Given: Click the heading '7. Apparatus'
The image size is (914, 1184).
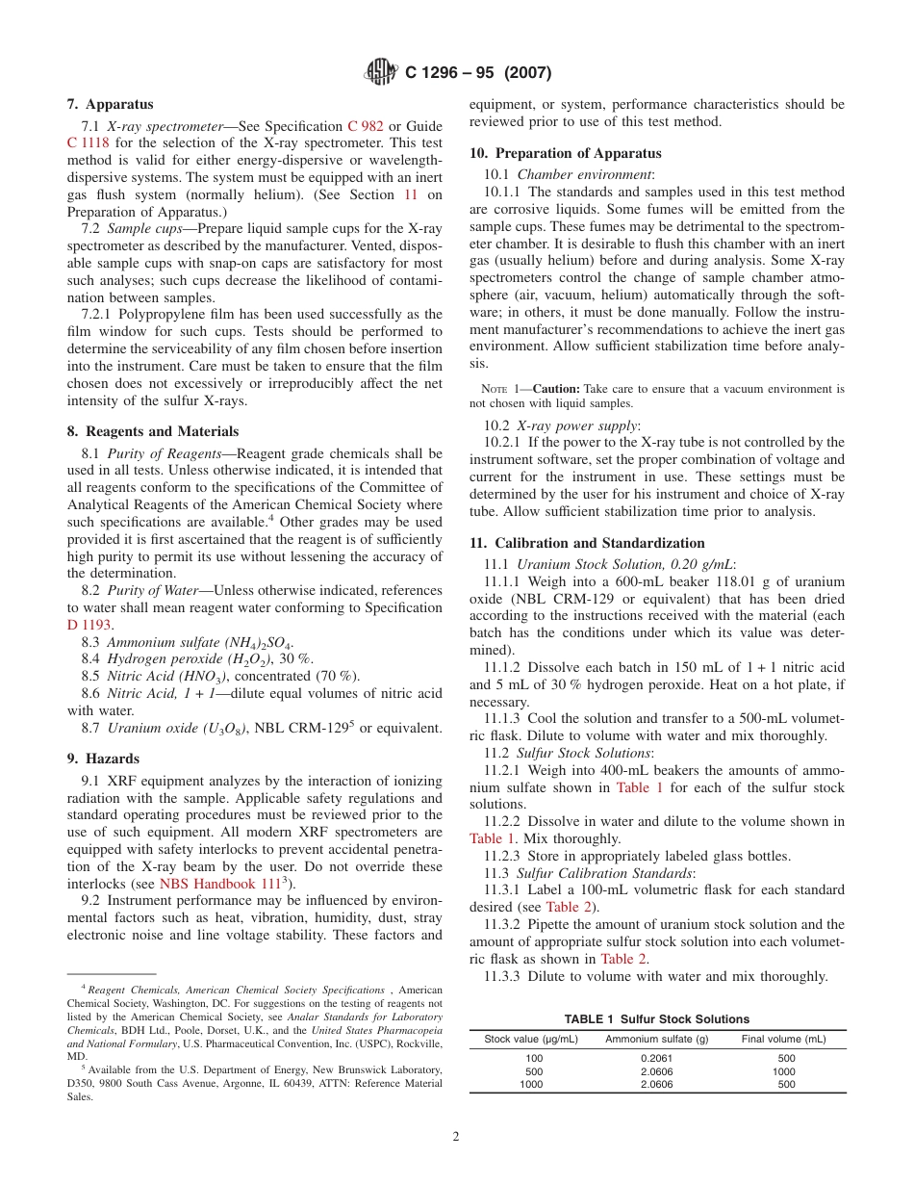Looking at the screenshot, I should (110, 104).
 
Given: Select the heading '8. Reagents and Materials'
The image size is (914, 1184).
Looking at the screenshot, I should (152, 431).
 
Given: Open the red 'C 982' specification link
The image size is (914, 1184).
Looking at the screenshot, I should (366, 126).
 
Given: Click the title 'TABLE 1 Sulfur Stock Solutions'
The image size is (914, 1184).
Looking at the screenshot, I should (657, 1019).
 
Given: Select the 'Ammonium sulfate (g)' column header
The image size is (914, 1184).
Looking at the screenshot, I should (656, 1040).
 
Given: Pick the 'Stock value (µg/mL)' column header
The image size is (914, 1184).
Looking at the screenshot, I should (530, 1040).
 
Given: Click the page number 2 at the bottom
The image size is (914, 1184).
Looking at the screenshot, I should (456, 1136).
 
